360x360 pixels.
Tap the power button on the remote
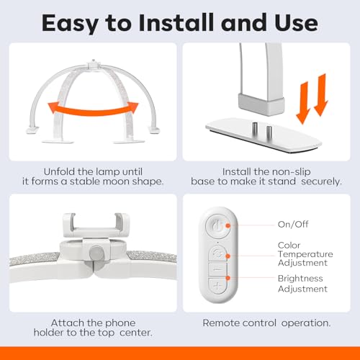coord(217,226)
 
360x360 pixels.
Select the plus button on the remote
coord(217,286)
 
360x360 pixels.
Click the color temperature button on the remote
coord(217,253)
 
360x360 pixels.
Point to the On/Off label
coord(293,224)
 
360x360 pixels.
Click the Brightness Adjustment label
coord(302,284)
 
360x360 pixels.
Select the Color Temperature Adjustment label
coord(305,254)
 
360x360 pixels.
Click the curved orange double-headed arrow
coord(93,110)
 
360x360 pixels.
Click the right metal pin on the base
coord(269,131)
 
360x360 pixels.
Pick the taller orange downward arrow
coord(321,95)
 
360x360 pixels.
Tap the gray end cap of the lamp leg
coord(261,104)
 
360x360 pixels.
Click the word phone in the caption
coord(120,323)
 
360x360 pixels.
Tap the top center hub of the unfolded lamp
coord(94,65)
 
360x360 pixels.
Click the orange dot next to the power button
coord(228,225)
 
